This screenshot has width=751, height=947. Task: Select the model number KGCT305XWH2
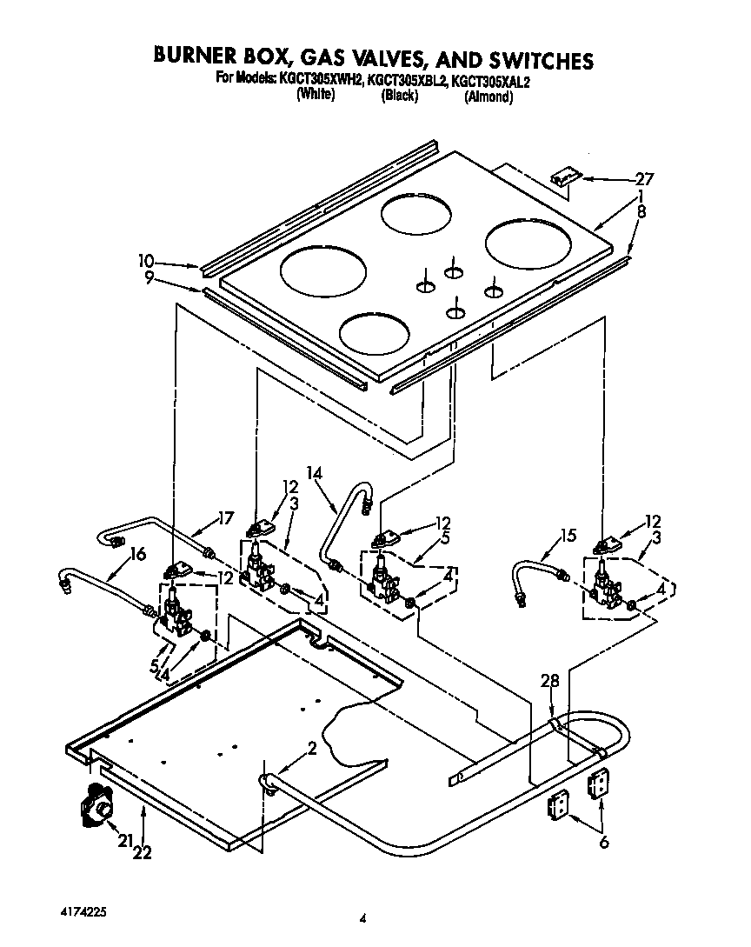tap(321, 81)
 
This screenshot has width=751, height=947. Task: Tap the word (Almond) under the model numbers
tap(488, 97)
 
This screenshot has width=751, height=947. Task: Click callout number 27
tap(643, 179)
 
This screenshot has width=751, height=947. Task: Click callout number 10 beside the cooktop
tap(145, 260)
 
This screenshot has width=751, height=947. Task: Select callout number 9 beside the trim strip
tap(150, 277)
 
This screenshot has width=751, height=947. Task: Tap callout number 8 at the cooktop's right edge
tap(641, 210)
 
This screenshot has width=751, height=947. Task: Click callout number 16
tap(137, 553)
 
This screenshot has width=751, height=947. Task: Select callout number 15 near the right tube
tap(568, 536)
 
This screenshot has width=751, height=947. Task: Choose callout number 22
tap(143, 853)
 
